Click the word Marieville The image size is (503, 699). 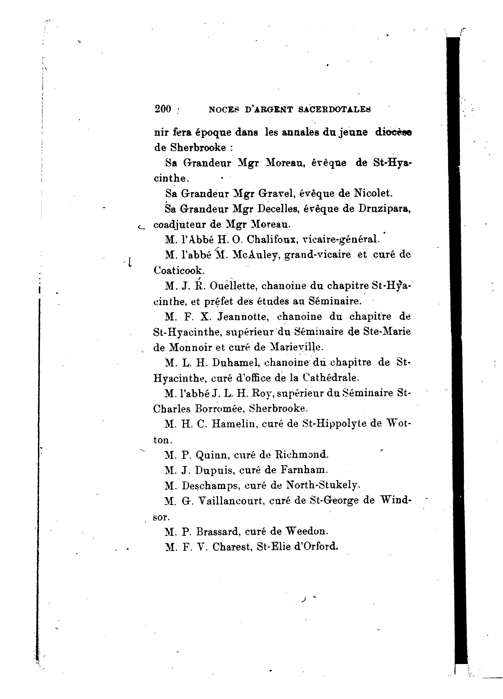[x=297, y=347]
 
